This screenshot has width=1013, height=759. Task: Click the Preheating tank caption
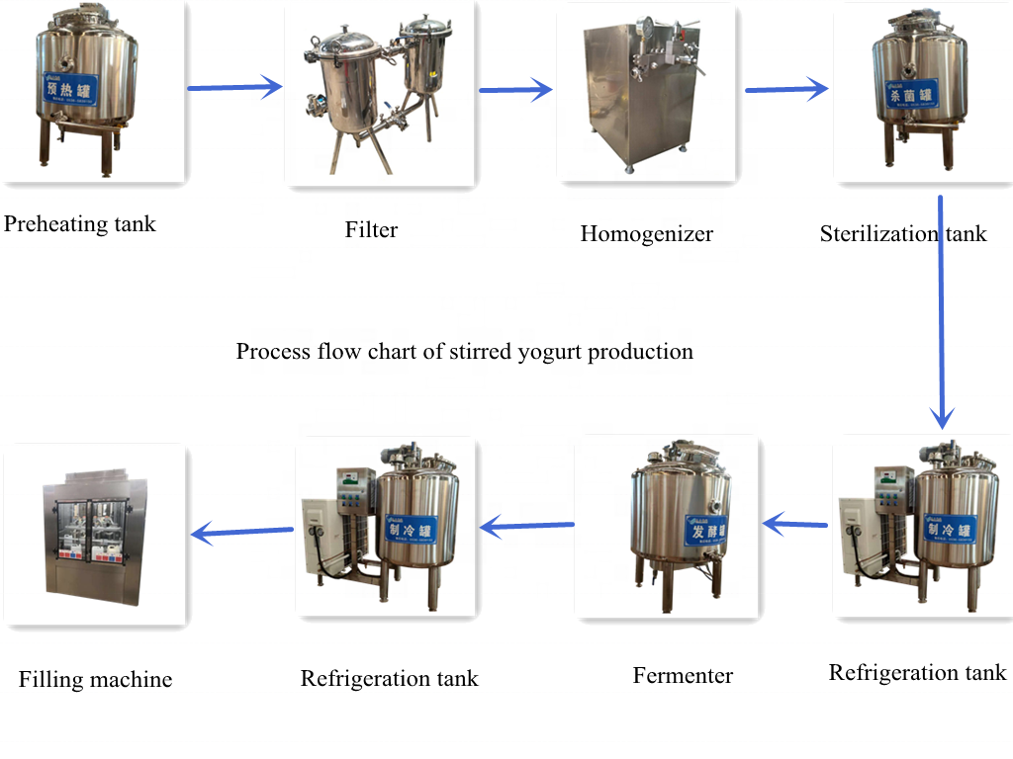[x=80, y=224]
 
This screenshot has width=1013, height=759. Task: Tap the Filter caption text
[x=371, y=230]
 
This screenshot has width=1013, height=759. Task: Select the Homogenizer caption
[x=646, y=234]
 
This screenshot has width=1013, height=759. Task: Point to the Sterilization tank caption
[x=903, y=234]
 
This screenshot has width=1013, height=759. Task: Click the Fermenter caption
[x=683, y=676]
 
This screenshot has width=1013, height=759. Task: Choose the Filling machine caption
[x=95, y=680]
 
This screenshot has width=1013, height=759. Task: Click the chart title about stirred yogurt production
[x=464, y=352]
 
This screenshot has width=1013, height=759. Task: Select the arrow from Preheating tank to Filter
[x=235, y=88]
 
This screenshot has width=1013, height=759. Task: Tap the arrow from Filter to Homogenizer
[x=515, y=91]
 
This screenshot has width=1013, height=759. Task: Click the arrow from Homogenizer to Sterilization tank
[x=786, y=90]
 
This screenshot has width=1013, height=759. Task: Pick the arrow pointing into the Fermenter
[x=795, y=523]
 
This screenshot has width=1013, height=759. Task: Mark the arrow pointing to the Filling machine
[x=242, y=533]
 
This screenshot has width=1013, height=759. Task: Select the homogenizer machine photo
[x=646, y=94]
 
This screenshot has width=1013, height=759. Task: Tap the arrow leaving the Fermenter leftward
[x=527, y=527]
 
